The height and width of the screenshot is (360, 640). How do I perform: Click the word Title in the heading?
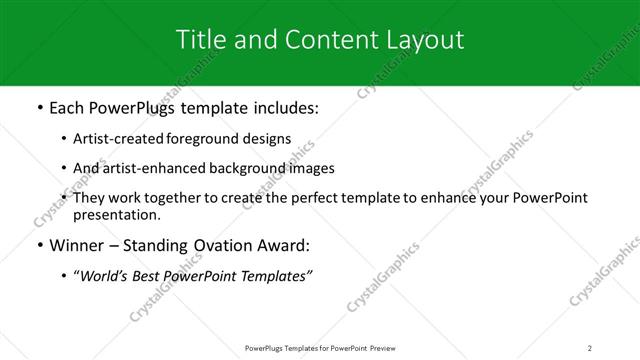tap(198, 40)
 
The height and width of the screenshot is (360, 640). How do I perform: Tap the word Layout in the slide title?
tap(427, 40)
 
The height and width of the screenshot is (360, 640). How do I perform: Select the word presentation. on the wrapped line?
tap(116, 214)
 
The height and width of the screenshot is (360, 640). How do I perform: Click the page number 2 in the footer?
tap(590, 347)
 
